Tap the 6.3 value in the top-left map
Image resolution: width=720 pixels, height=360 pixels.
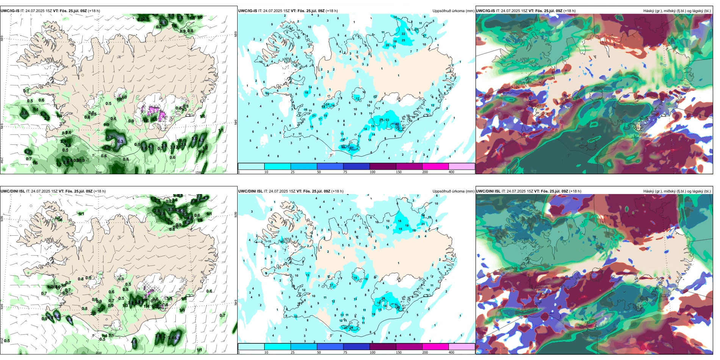[120, 141]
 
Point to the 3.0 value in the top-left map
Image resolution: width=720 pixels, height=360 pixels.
[25, 113]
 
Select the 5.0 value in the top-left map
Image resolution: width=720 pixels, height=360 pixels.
[194, 139]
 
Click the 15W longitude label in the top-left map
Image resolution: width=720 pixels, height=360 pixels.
[197, 172]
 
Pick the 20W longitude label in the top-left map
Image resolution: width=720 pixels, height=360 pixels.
[99, 172]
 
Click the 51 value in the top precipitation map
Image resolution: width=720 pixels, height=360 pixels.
[351, 148]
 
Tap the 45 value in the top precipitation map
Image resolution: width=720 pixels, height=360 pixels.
[398, 124]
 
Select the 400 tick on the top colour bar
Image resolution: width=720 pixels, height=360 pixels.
[451, 172]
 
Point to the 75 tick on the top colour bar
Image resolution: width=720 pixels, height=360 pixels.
[345, 172]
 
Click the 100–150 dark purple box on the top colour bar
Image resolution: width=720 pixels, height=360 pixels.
[383, 166]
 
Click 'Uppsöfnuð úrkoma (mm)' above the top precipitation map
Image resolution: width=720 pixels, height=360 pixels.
[453, 11]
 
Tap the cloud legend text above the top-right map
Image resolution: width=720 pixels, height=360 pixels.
[677, 11]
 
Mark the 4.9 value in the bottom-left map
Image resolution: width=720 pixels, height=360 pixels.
[134, 342]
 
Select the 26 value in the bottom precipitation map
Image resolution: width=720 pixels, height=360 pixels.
[351, 327]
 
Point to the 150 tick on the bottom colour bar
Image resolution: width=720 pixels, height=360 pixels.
[399, 352]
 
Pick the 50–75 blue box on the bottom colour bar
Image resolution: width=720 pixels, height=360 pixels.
[330, 347]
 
